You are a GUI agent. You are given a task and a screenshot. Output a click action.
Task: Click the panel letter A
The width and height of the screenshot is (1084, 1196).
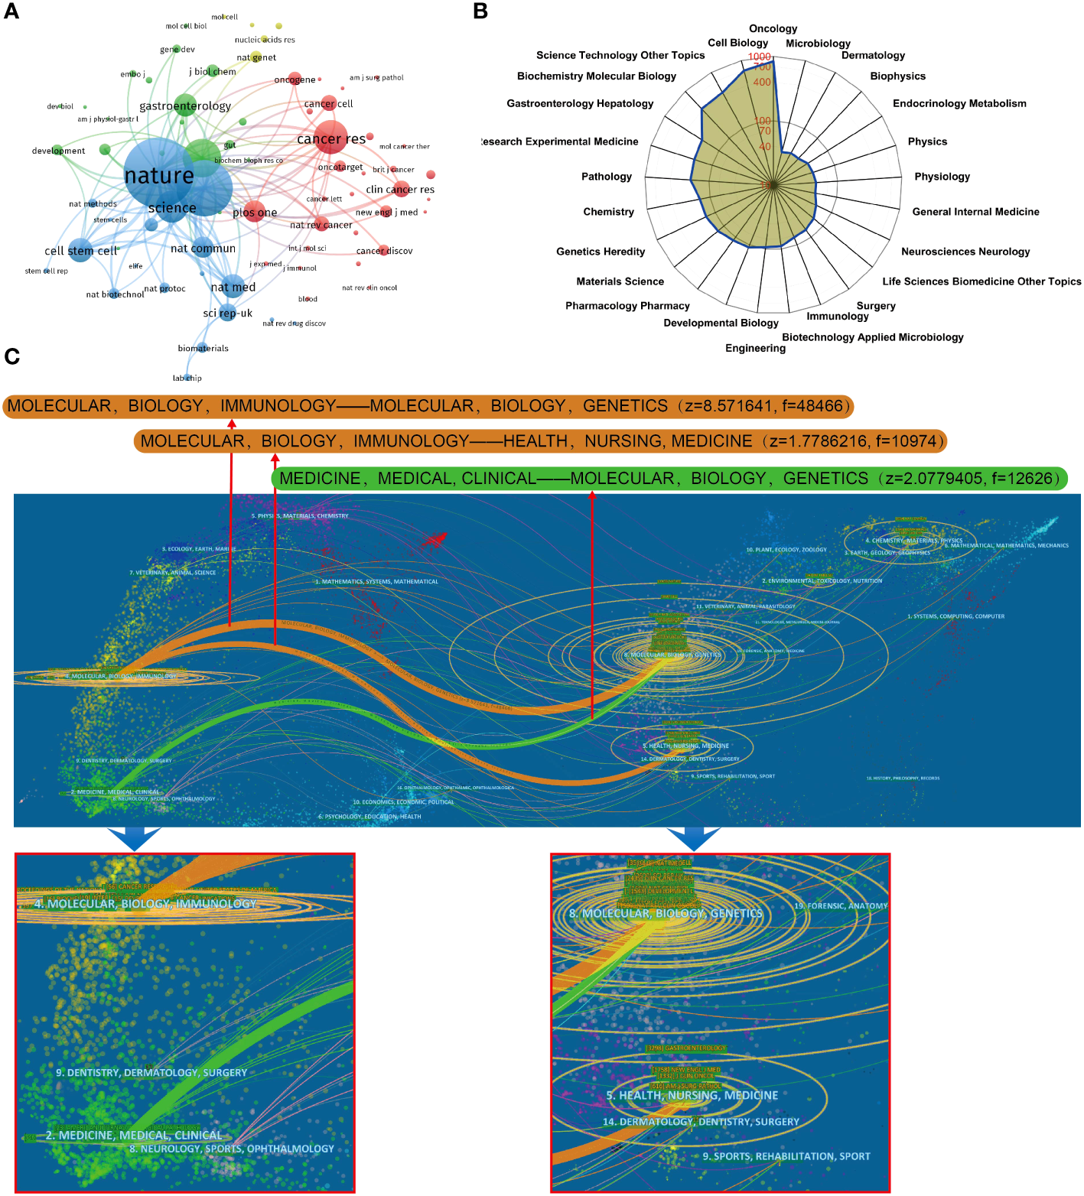[x=11, y=11]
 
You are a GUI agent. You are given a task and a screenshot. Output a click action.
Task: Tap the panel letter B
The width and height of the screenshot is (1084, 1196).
[x=480, y=11]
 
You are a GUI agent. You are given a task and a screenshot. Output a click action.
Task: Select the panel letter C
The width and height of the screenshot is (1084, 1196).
[x=11, y=356]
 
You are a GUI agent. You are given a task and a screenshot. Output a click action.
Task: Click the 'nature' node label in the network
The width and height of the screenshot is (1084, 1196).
[x=159, y=176]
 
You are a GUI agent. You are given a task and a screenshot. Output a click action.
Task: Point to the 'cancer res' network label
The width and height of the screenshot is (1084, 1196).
[x=330, y=139]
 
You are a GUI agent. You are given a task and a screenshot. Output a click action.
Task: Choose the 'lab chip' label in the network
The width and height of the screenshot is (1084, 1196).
[x=187, y=378]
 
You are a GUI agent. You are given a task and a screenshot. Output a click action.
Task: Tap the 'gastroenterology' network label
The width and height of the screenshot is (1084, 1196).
[x=185, y=106]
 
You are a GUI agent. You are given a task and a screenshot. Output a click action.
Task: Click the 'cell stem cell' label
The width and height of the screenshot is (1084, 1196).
[x=81, y=251]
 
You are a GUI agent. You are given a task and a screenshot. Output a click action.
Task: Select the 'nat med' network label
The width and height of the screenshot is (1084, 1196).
[x=233, y=288]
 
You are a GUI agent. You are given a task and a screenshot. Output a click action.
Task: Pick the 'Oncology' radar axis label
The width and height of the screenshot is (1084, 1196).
[x=773, y=29]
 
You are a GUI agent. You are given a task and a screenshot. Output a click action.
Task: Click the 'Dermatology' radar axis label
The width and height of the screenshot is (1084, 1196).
[x=873, y=55]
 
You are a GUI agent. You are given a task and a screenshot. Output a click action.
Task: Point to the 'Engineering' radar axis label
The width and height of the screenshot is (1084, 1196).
[x=755, y=348]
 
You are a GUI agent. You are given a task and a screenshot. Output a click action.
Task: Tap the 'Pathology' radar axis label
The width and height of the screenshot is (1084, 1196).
[x=607, y=177]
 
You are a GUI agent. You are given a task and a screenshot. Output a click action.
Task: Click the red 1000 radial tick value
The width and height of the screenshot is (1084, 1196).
[x=760, y=57]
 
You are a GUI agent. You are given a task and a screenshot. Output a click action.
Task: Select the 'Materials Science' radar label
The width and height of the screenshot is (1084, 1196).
[x=620, y=281]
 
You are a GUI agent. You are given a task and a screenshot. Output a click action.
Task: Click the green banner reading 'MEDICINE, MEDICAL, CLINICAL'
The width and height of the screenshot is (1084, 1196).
[x=669, y=479]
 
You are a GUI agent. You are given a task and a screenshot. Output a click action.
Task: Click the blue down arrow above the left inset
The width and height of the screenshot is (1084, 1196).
[x=134, y=838]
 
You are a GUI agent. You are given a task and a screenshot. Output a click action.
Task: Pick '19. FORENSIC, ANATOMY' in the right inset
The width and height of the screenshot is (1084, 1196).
[x=840, y=906]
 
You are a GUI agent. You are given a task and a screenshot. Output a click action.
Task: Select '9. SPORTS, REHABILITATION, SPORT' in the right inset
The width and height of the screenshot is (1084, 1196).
[x=786, y=1156]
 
